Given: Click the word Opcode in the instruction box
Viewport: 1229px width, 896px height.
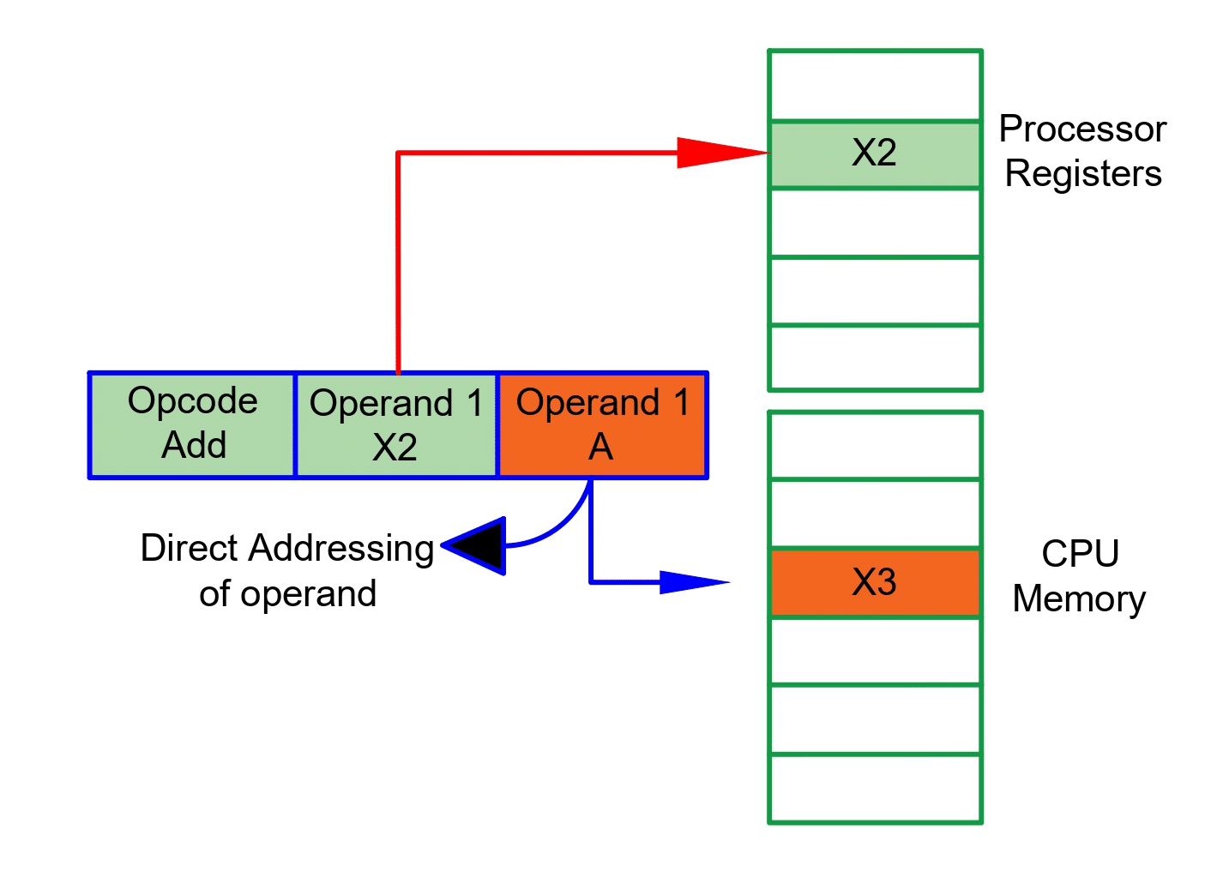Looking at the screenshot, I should tap(192, 401).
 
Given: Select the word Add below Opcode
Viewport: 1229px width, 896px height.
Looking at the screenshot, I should tap(194, 446).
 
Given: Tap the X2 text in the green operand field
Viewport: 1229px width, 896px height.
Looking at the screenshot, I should tap(395, 448).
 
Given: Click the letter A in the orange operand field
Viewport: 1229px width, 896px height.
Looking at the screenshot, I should tap(600, 447).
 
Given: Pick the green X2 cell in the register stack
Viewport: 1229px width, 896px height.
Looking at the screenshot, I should tap(874, 154).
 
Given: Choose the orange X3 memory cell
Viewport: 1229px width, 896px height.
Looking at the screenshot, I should tap(874, 582).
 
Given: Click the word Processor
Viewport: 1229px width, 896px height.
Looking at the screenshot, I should tap(1082, 129).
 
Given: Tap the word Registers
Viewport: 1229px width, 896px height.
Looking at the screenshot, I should tap(1082, 174).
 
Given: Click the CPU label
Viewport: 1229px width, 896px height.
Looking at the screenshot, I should tap(1080, 554).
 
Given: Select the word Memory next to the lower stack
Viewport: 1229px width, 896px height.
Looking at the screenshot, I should tap(1079, 599).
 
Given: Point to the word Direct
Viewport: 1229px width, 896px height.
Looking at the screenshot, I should tap(190, 549).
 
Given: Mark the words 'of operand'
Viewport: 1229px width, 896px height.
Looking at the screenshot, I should tap(287, 593).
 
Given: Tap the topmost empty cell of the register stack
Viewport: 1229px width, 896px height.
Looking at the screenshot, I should tap(874, 86).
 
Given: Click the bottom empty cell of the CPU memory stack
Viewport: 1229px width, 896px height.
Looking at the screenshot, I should tap(874, 788).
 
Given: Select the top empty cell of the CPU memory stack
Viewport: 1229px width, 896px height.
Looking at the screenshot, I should tap(874, 445).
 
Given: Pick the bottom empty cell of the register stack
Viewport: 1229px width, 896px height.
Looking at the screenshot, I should tap(874, 358).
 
